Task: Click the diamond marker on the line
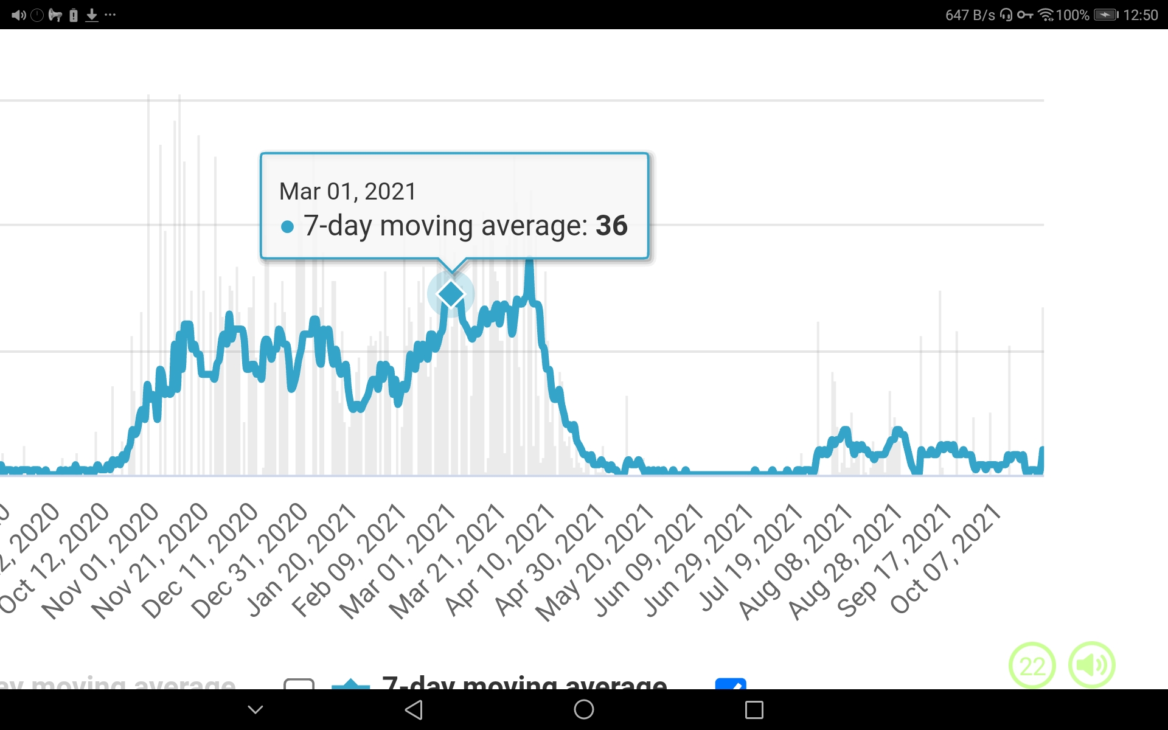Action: click(451, 294)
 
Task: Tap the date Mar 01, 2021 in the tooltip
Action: click(347, 192)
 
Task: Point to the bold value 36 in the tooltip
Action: click(611, 226)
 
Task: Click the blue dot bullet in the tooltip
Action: click(287, 228)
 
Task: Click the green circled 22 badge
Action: click(1032, 666)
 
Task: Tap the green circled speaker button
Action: click(1092, 665)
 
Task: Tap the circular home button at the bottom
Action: click(584, 709)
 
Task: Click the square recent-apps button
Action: click(754, 709)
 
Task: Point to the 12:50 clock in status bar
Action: click(1140, 15)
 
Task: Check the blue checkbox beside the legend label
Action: click(731, 684)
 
